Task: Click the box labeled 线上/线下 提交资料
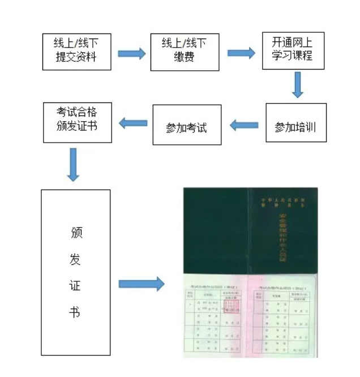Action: tap(77, 52)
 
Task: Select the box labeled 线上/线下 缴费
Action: tap(185, 52)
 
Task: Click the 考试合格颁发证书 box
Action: tap(78, 122)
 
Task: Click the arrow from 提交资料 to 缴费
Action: tap(131, 54)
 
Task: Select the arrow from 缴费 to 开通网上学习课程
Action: tap(241, 53)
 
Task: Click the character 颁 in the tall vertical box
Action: tap(76, 233)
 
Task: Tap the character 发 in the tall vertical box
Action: tap(75, 259)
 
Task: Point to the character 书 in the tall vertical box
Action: tap(75, 311)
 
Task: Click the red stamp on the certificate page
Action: tap(232, 306)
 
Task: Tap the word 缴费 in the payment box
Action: tap(185, 57)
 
